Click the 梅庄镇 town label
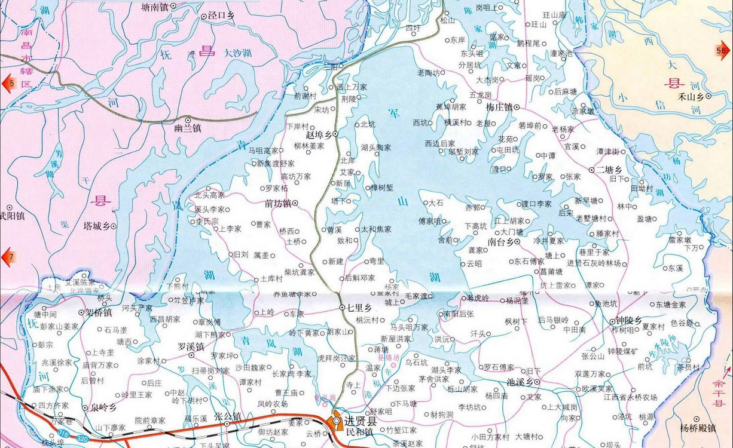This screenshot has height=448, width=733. point(499,108)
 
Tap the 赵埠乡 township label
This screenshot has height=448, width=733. point(319,135)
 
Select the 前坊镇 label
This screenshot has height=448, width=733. point(277,204)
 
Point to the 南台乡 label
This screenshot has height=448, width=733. point(500,243)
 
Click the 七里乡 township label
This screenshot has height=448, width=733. point(359,308)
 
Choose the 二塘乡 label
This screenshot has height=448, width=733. point(609,170)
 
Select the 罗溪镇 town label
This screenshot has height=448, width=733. point(191,346)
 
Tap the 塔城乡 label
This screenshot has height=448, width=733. point(96,226)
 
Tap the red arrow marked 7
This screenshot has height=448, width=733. point(8,257)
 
